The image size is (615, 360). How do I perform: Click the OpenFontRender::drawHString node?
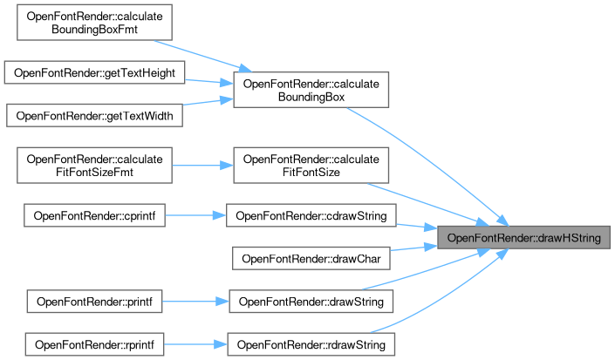coord(523,238)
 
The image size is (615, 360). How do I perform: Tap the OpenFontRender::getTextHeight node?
coord(95,72)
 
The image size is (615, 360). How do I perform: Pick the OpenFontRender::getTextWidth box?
coord(95,115)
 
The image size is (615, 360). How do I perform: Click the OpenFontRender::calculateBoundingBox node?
coord(311,91)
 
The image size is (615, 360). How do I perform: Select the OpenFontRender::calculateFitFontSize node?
coord(311,166)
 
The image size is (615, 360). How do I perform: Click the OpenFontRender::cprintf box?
coord(95,214)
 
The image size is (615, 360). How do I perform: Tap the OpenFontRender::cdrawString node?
coord(311,214)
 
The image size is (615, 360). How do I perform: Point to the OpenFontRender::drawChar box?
coord(311,258)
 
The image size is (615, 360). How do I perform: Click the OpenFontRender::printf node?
coord(95,302)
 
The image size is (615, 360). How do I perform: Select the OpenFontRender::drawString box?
coord(311,302)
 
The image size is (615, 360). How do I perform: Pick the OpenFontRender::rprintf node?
coord(95,344)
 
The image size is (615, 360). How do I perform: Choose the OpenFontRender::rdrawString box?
coord(311,344)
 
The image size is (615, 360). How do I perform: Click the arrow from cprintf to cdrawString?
coord(195,214)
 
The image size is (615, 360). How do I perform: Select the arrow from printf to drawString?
coord(195,302)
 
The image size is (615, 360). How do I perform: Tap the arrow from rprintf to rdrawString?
coord(195,344)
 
